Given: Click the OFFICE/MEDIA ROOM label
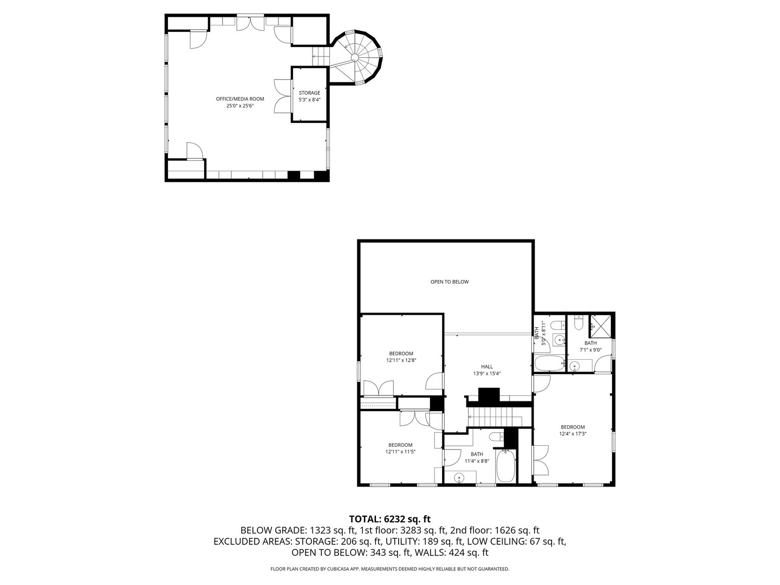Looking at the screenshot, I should pyautogui.click(x=240, y=99).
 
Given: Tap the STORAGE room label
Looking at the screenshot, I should pyautogui.click(x=309, y=93).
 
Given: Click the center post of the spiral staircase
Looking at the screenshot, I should pyautogui.click(x=354, y=57).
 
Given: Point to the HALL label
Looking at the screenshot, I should pyautogui.click(x=487, y=367).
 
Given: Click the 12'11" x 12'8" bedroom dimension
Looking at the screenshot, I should pyautogui.click(x=401, y=360).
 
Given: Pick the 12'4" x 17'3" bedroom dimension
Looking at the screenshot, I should pyautogui.click(x=573, y=433).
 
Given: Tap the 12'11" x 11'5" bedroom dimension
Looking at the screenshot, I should pyautogui.click(x=401, y=452).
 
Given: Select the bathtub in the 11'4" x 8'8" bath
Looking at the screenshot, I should pyautogui.click(x=505, y=466).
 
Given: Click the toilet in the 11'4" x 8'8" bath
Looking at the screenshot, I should pyautogui.click(x=495, y=437).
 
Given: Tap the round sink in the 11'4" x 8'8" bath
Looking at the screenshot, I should pyautogui.click(x=459, y=477).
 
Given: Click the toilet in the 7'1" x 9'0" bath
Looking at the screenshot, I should pyautogui.click(x=578, y=324).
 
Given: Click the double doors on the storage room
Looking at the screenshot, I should pyautogui.click(x=283, y=96).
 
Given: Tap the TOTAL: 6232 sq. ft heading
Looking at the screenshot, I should pyautogui.click(x=389, y=519).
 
